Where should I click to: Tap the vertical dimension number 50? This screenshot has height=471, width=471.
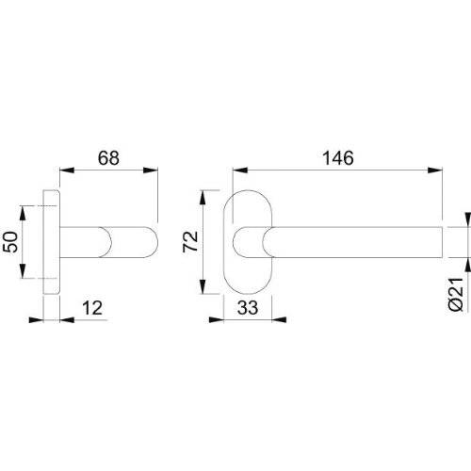tap(11, 240)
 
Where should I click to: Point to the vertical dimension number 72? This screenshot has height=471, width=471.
tap(189, 240)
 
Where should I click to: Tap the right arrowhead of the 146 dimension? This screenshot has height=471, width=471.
tap(439, 171)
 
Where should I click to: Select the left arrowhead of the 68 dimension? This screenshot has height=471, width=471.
tap(65, 171)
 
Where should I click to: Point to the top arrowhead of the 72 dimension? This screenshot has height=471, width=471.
tap(203, 197)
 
